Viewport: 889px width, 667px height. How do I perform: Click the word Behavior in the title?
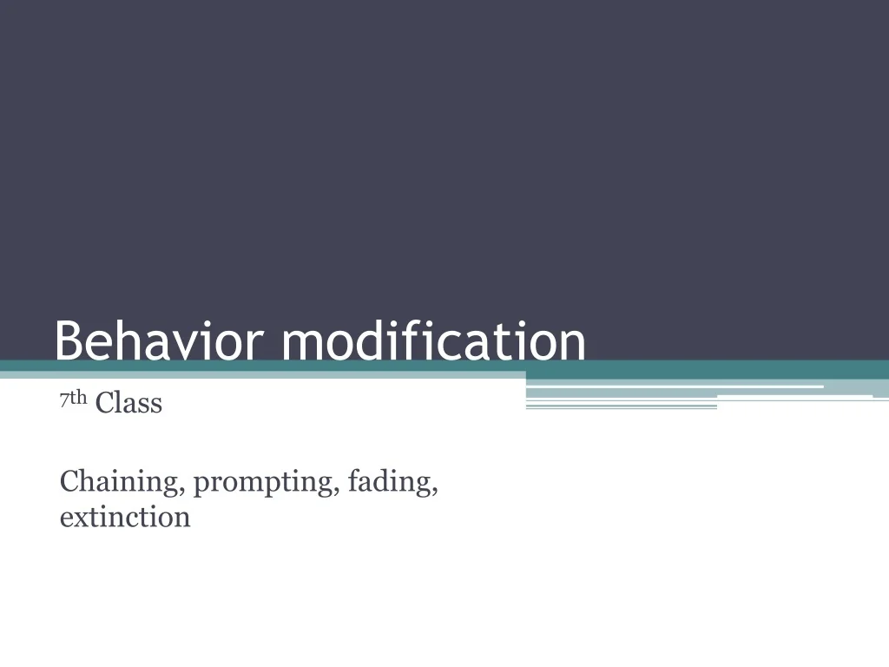(x=161, y=341)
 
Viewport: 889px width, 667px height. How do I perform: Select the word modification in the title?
(x=433, y=341)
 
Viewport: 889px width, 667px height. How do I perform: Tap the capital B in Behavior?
(x=69, y=341)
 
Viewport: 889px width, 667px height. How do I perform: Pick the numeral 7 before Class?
(x=64, y=400)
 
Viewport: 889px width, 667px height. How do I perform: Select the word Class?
(x=128, y=403)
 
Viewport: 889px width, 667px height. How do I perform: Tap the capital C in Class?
(x=104, y=403)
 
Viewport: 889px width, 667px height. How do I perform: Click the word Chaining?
(x=120, y=481)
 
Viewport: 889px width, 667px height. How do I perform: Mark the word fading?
(x=389, y=481)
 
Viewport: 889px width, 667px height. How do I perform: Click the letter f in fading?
(x=352, y=479)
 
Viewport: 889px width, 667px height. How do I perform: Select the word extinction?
(x=125, y=518)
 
